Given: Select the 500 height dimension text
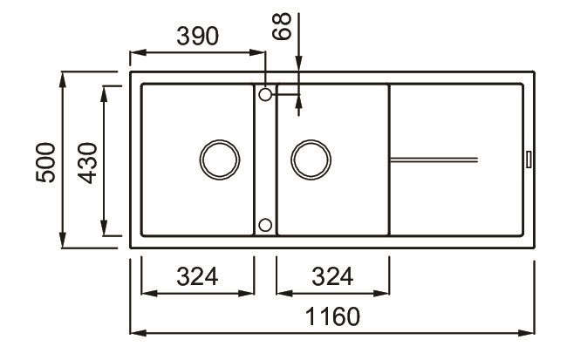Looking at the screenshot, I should click(45, 161).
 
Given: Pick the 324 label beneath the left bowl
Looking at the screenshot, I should click(197, 276).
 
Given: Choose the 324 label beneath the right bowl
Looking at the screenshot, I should click(332, 276).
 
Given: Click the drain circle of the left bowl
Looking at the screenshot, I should click(218, 159).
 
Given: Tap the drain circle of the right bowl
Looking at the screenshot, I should click(311, 159).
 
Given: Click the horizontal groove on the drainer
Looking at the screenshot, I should click(434, 159).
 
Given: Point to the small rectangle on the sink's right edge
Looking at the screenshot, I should click(529, 159).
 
